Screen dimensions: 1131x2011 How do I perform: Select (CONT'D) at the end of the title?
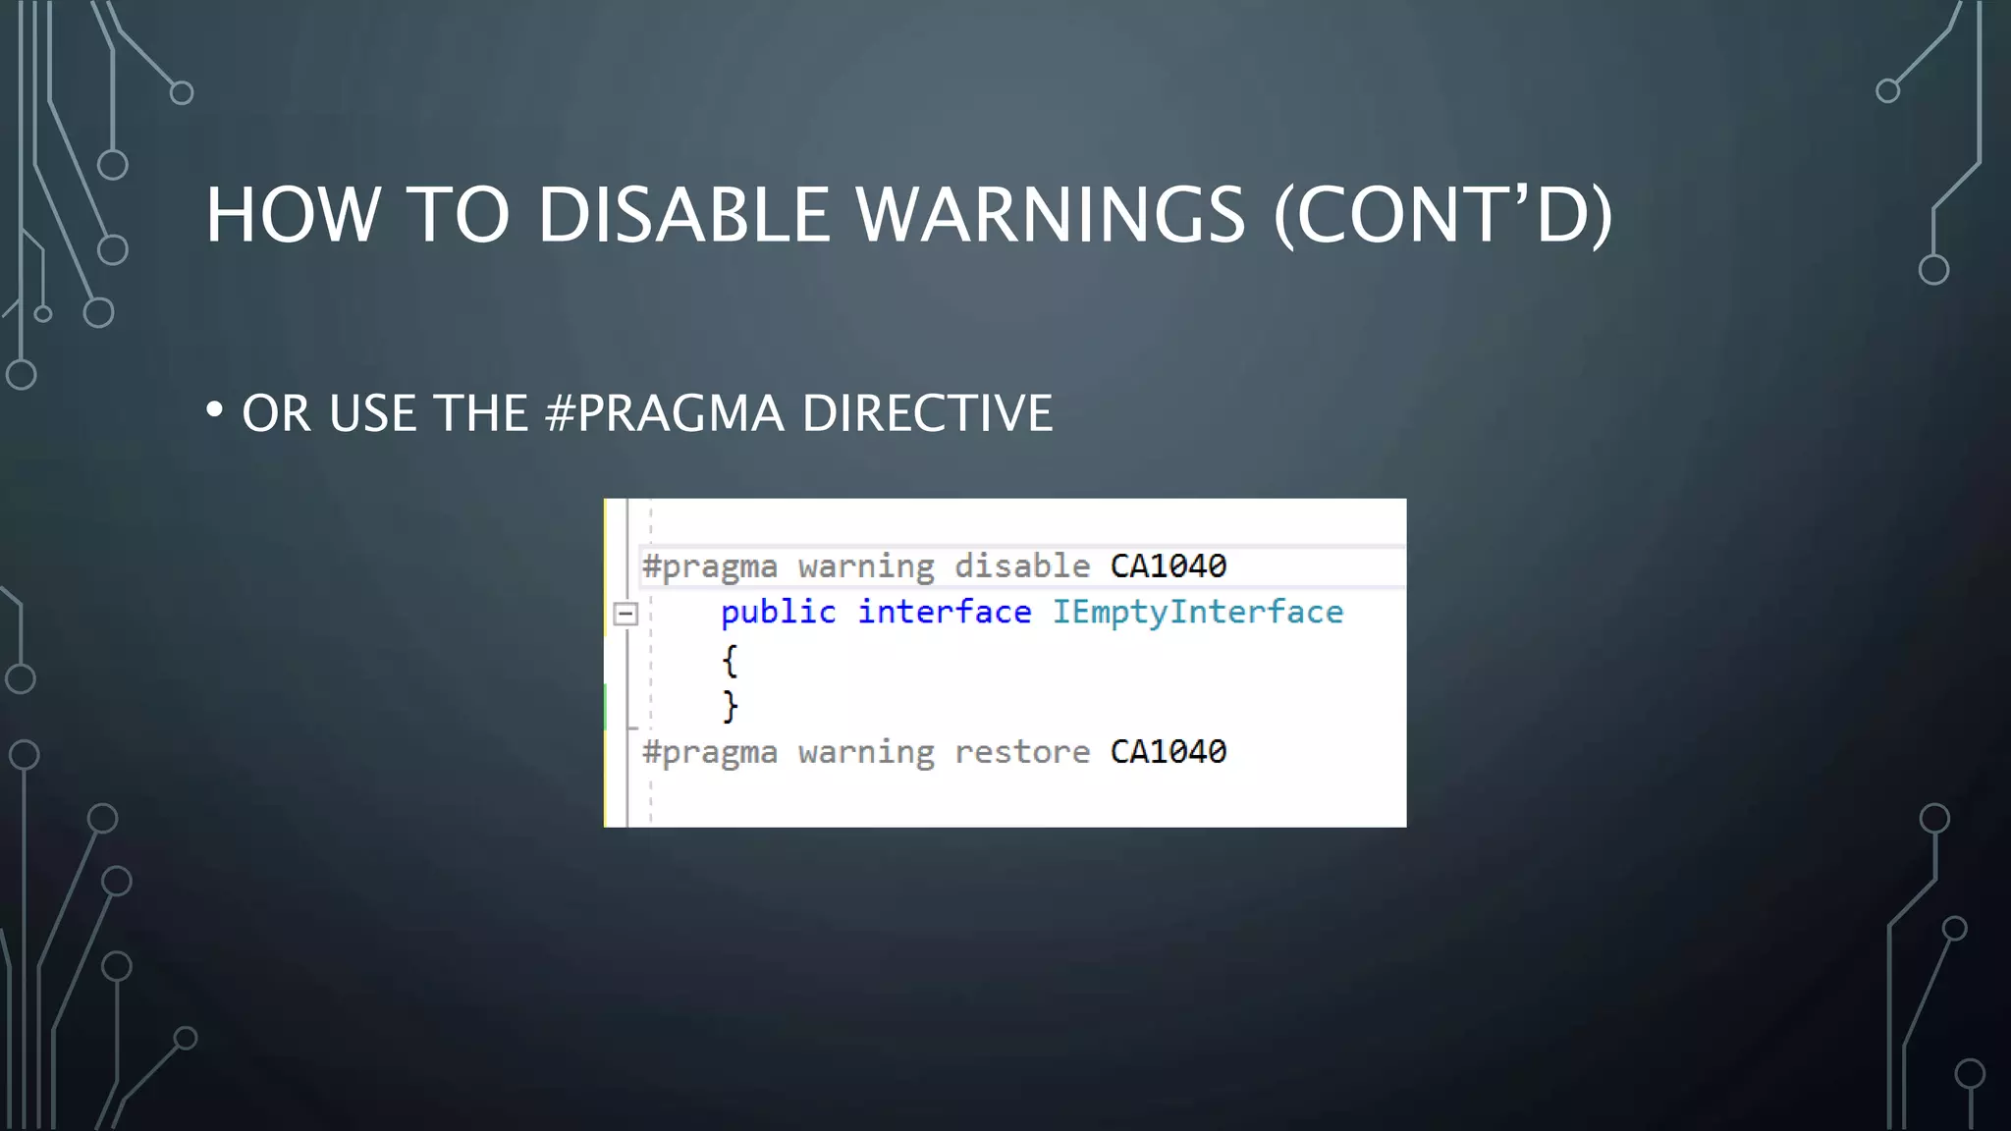click(x=1442, y=215)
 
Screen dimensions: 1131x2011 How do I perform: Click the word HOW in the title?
click(x=293, y=215)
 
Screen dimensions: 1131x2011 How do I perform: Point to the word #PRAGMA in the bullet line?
click(x=665, y=413)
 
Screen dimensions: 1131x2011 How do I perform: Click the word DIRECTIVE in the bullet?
click(x=927, y=413)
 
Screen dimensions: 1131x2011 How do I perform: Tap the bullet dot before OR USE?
click(x=214, y=409)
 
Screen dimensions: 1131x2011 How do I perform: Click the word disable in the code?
click(x=1022, y=566)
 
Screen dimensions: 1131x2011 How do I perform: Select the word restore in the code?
click(x=1022, y=752)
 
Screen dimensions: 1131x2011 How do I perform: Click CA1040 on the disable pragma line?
click(x=1169, y=566)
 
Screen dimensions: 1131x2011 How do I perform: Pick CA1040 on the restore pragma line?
click(x=1169, y=752)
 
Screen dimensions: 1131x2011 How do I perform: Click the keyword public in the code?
click(x=779, y=613)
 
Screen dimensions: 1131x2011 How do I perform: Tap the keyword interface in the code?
click(x=945, y=613)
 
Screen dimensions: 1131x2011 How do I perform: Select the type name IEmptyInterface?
click(x=1198, y=613)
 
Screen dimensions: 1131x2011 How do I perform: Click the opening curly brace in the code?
click(x=730, y=661)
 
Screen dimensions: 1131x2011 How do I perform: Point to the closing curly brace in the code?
click(x=730, y=706)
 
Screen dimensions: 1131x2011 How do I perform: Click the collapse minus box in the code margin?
click(x=625, y=615)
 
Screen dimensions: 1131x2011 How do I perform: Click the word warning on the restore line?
click(x=866, y=752)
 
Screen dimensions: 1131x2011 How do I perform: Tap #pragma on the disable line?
click(x=710, y=566)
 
